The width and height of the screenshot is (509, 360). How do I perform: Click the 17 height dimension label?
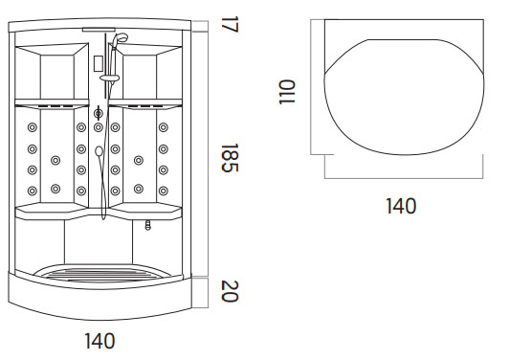[x=230, y=24]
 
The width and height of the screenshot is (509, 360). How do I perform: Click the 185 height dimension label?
[x=230, y=158]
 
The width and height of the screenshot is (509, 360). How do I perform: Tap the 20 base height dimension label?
[x=230, y=291]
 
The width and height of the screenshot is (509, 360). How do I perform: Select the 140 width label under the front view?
[x=100, y=341]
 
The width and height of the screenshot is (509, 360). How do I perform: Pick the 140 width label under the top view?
[x=401, y=206]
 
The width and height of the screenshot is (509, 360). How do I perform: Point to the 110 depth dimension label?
[x=287, y=92]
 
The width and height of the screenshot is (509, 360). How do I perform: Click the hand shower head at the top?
[x=121, y=38]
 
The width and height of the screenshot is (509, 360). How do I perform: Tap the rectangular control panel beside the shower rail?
[x=99, y=63]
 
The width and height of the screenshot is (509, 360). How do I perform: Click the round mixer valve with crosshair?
[x=99, y=113]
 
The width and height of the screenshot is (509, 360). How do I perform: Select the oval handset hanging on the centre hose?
[x=99, y=151]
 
